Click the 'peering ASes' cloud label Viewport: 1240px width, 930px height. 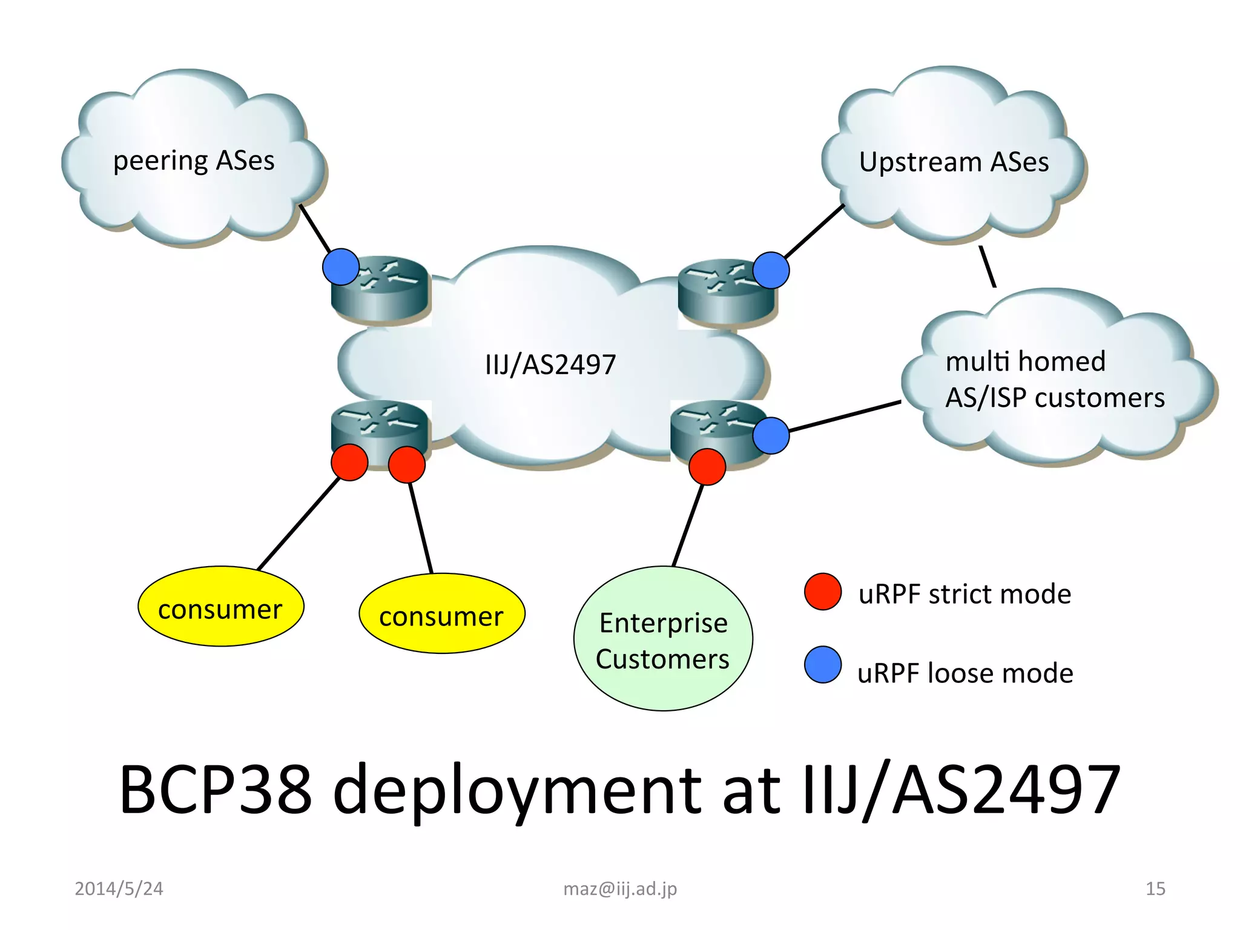[194, 161]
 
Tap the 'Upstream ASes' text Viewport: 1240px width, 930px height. [954, 162]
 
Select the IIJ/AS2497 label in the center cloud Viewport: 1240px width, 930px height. [550, 364]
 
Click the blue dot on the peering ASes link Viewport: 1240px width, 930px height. [341, 267]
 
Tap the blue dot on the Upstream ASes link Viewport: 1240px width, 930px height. [771, 270]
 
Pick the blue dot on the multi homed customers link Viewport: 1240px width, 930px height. [771, 435]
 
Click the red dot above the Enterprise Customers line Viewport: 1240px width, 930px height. [707, 466]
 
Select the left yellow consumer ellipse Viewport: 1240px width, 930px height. [220, 607]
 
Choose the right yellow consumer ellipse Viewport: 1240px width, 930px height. [441, 614]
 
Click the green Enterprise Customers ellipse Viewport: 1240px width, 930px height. [663, 639]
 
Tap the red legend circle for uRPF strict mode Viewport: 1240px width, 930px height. [822, 592]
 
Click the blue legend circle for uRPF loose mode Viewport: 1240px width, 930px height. [822, 665]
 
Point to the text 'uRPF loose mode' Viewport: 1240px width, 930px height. [965, 673]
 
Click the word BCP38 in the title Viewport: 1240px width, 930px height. [216, 790]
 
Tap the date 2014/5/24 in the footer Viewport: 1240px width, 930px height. [119, 889]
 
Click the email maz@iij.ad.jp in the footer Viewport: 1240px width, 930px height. [620, 889]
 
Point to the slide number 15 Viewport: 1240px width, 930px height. [1155, 889]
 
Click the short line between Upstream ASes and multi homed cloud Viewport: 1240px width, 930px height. [988, 266]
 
